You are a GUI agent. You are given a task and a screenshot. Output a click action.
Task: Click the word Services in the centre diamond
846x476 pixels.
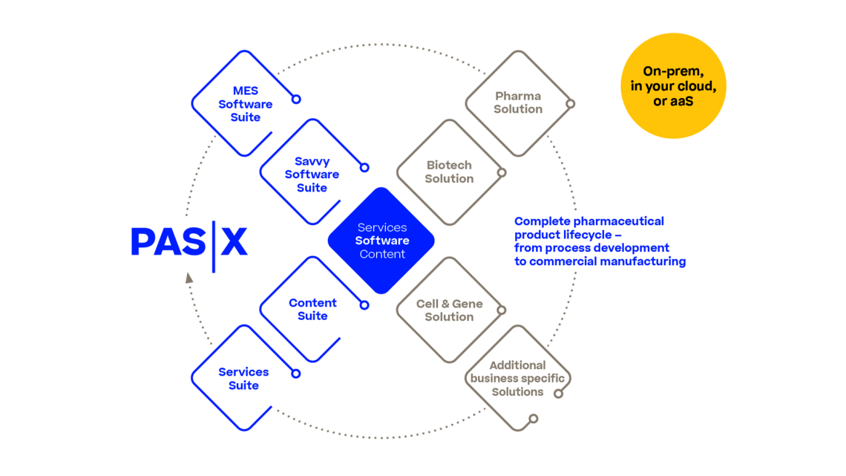click(x=381, y=227)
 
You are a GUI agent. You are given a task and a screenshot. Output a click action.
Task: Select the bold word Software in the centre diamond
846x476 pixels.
click(x=381, y=241)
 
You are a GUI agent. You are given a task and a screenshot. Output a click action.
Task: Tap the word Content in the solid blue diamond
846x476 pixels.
click(x=381, y=254)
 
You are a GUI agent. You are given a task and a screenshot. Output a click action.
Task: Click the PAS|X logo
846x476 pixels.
click(x=188, y=242)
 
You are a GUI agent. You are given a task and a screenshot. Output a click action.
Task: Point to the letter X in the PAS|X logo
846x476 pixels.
click(x=234, y=242)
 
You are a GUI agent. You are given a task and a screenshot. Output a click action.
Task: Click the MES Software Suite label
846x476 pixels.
click(x=245, y=104)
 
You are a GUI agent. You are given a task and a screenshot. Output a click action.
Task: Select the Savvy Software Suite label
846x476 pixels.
click(x=312, y=174)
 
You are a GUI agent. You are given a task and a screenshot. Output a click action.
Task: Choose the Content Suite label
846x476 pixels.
click(x=312, y=309)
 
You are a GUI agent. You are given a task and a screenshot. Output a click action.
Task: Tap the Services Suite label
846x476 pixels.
click(x=243, y=378)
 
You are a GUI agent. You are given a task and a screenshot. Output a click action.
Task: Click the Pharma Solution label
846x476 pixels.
click(x=518, y=102)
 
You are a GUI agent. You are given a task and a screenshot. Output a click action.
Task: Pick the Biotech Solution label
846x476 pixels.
click(x=449, y=172)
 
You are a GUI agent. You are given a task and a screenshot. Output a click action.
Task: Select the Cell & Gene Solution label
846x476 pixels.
click(x=449, y=310)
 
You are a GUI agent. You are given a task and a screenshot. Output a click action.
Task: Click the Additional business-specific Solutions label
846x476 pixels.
click(x=517, y=378)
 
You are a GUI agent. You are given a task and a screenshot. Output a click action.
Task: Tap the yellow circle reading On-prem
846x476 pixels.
click(x=673, y=85)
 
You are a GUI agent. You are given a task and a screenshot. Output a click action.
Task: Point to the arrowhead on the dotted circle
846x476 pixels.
click(x=188, y=278)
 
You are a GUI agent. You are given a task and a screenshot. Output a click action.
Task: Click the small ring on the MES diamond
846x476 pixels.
click(x=296, y=98)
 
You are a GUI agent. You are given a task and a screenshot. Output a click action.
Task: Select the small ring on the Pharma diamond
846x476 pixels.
click(x=570, y=103)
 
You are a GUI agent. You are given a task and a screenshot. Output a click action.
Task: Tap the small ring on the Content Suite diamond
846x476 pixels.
click(x=364, y=304)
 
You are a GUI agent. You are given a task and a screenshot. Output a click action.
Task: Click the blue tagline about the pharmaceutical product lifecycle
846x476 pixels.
click(x=600, y=241)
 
